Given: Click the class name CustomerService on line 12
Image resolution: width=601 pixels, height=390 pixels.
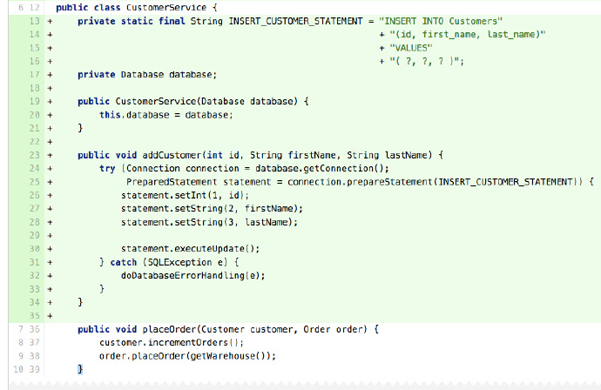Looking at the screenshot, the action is pyautogui.click(x=166, y=8).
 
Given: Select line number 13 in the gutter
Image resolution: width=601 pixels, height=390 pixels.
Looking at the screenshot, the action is pyautogui.click(x=35, y=21).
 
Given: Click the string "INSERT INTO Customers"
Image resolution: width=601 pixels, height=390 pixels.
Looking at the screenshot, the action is pyautogui.click(x=441, y=21).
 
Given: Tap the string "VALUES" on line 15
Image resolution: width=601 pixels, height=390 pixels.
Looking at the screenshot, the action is pyautogui.click(x=411, y=48).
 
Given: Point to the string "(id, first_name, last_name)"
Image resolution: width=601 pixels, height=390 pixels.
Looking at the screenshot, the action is pyautogui.click(x=467, y=35).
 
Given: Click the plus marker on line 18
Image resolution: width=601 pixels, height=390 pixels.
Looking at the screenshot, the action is pyautogui.click(x=50, y=88).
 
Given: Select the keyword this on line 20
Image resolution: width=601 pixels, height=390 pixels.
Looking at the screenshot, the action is pyautogui.click(x=110, y=115).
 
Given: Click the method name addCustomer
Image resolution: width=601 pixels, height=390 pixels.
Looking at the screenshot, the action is pyautogui.click(x=172, y=155).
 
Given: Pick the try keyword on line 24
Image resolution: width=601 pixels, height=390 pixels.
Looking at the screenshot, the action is pyautogui.click(x=107, y=169).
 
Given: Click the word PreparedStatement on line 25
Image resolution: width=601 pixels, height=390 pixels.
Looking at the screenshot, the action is pyautogui.click(x=172, y=182).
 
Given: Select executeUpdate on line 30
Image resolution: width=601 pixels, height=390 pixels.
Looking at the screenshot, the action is pyautogui.click(x=209, y=249).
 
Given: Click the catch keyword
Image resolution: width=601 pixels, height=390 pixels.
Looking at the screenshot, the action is pyautogui.click(x=124, y=262).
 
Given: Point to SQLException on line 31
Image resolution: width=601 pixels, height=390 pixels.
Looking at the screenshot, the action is pyautogui.click(x=179, y=262).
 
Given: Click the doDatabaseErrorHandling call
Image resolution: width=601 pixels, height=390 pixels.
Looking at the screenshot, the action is pyautogui.click(x=182, y=276).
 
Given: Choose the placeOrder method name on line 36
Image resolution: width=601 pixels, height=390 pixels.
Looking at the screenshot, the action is pyautogui.click(x=169, y=329).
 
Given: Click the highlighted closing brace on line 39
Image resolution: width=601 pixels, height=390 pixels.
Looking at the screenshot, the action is pyautogui.click(x=80, y=369).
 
